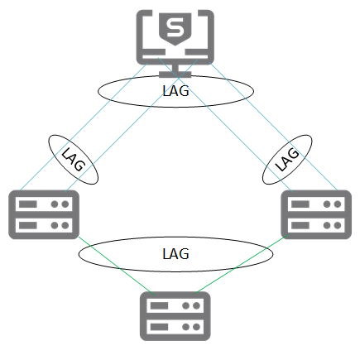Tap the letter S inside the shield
pyautogui.click(x=173, y=31)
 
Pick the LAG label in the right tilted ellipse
pyautogui.click(x=286, y=158)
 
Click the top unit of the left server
pyautogui.click(x=42, y=203)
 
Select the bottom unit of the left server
pyautogui.click(x=42, y=225)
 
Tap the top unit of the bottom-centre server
pyautogui.click(x=173, y=306)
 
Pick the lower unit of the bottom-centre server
pyautogui.click(x=173, y=328)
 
